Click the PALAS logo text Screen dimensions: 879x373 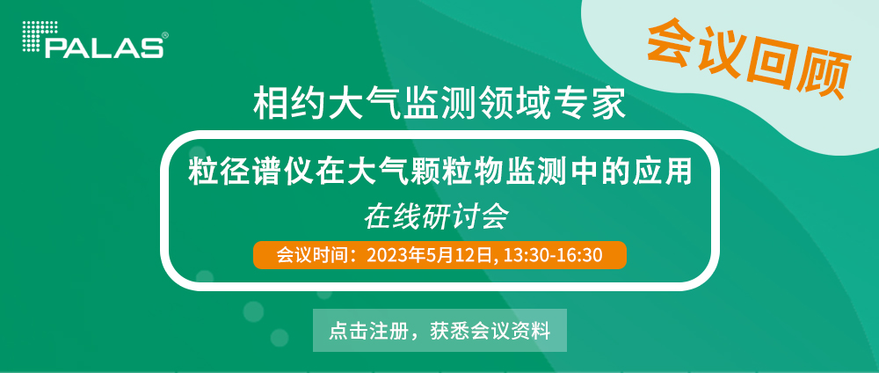pyautogui.click(x=105, y=48)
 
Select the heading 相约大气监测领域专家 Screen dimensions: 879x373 pyautogui.click(x=439, y=102)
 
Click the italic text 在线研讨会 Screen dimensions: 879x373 pyautogui.click(x=436, y=217)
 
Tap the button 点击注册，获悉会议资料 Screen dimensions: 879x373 pyautogui.click(x=439, y=331)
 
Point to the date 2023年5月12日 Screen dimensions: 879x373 pyautogui.click(x=431, y=255)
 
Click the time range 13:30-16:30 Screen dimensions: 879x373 pyautogui.click(x=553, y=255)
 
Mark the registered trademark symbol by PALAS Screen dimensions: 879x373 pyautogui.click(x=164, y=35)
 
